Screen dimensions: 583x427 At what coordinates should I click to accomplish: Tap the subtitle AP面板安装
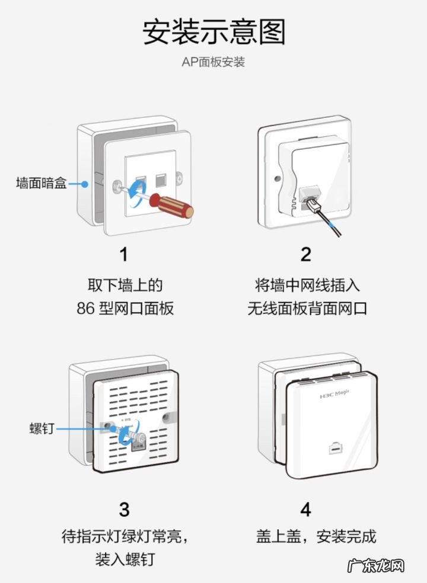(213, 62)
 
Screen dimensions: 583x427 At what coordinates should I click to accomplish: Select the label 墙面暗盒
(41, 184)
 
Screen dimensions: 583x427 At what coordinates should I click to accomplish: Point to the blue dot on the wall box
(85, 184)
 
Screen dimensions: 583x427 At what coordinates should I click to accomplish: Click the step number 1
(123, 254)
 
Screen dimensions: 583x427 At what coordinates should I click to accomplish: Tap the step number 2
(305, 254)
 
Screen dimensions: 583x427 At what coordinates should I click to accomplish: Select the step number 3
(124, 509)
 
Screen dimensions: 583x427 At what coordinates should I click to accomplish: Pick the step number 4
(305, 509)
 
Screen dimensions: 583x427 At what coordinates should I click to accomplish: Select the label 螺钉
(42, 428)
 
